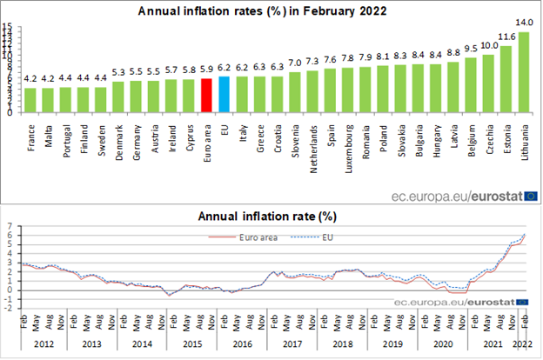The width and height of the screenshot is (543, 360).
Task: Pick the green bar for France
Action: pos(30,100)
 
